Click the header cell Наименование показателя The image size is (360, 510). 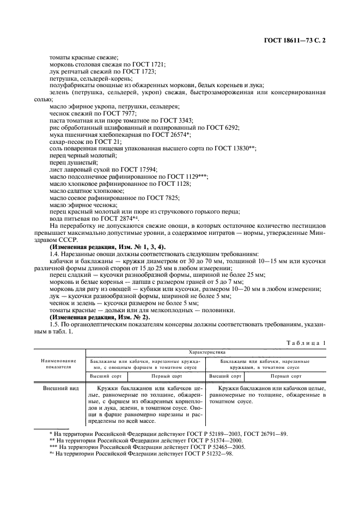tap(58, 363)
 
